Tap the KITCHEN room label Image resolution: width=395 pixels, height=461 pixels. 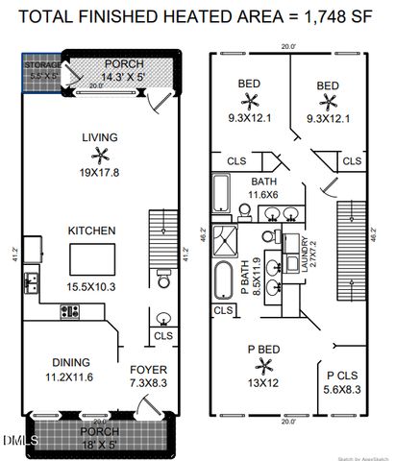pos(91,231)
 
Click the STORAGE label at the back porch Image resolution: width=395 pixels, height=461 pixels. pos(41,65)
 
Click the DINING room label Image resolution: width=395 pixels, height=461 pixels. pos(71,362)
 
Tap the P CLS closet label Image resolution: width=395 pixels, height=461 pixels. pos(341,376)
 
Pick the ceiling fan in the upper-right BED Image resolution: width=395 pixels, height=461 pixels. pos(328,99)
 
